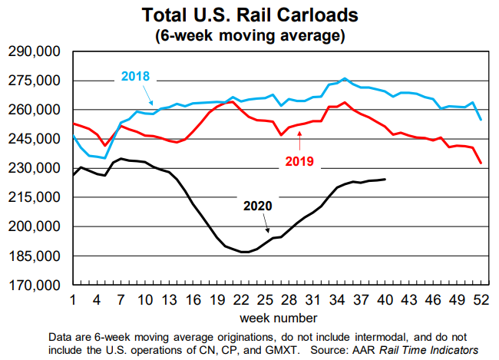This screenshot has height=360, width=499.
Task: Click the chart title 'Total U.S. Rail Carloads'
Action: tap(249, 15)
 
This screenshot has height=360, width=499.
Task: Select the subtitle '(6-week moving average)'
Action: tap(249, 35)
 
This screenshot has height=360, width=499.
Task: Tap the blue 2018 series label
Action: tap(134, 77)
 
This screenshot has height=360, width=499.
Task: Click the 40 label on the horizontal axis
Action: tap(384, 299)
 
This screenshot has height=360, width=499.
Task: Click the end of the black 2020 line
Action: tap(385, 179)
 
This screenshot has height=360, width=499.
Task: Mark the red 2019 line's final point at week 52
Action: tap(481, 163)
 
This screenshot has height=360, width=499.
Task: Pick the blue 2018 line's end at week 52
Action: tap(481, 119)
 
